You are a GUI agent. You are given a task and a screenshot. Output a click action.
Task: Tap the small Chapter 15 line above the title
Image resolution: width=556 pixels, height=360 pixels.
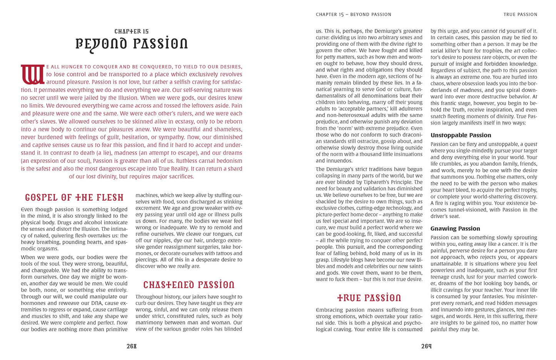(x=132, y=32)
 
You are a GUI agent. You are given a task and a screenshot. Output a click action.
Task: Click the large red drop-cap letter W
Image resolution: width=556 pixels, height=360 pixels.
(x=33, y=75)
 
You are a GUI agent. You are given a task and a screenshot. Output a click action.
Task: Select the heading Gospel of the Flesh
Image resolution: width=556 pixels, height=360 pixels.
(x=74, y=198)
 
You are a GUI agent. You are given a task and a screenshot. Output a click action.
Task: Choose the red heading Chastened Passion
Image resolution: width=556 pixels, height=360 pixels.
(x=189, y=285)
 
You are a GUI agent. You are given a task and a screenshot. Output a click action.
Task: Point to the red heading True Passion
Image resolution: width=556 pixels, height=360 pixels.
(x=369, y=298)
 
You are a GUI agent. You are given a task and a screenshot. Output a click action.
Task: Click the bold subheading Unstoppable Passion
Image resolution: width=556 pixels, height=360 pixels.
(x=461, y=135)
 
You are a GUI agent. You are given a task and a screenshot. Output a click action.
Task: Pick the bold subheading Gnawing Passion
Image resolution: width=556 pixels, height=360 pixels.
(x=455, y=228)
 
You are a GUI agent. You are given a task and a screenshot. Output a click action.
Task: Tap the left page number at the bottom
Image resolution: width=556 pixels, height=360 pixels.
(x=132, y=346)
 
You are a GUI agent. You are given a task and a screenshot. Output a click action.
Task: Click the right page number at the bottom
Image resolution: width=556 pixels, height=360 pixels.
(x=426, y=346)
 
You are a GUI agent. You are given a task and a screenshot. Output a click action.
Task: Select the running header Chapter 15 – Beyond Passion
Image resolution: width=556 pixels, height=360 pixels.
(x=353, y=15)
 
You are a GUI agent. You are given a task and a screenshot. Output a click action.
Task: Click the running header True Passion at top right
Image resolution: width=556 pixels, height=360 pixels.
(x=520, y=15)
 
